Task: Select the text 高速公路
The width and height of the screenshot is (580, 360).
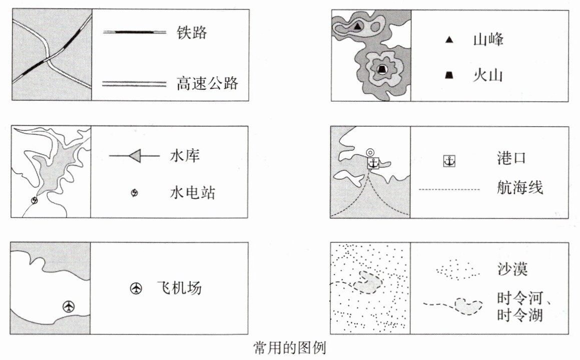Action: point(207,83)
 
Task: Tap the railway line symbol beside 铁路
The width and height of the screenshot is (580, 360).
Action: point(134,33)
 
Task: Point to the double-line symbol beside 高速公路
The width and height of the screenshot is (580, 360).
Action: point(134,83)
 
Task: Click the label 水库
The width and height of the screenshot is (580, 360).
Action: point(185,156)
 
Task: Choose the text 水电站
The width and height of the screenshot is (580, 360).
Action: point(192,192)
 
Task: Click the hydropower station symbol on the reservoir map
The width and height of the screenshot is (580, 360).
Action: point(34,201)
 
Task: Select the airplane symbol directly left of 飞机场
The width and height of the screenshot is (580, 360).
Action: point(136,288)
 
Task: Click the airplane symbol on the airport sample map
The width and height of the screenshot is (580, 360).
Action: point(69,306)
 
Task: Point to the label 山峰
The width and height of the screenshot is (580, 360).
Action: point(487,40)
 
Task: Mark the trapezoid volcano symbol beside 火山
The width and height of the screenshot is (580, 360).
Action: point(449,76)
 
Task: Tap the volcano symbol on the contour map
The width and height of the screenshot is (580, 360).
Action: point(382,69)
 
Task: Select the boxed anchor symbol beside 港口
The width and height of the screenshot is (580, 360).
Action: point(449,161)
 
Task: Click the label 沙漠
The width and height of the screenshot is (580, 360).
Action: point(512,269)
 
